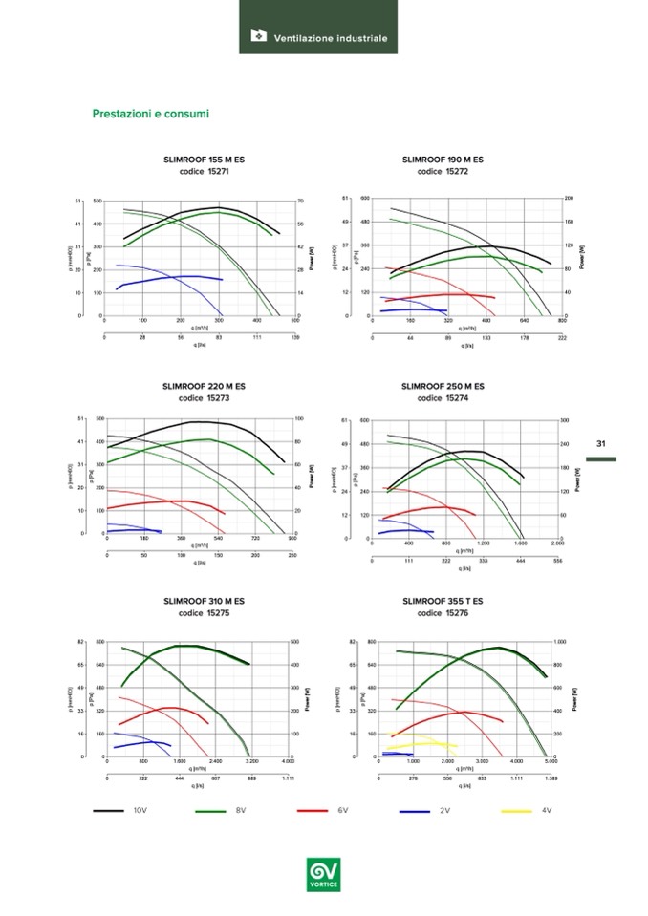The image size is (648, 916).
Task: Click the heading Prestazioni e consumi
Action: click(x=150, y=115)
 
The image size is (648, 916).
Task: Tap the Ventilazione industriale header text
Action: click(x=331, y=39)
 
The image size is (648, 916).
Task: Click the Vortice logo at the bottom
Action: click(x=323, y=873)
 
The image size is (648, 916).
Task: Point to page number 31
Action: click(x=601, y=443)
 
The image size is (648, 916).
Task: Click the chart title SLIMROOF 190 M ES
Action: click(x=443, y=160)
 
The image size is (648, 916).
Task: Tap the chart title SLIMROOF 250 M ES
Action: click(x=443, y=386)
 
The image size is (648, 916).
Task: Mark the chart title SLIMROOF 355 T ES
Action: click(x=443, y=601)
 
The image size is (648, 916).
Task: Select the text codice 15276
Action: click(x=443, y=613)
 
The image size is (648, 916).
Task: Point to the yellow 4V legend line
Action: click(x=516, y=810)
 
